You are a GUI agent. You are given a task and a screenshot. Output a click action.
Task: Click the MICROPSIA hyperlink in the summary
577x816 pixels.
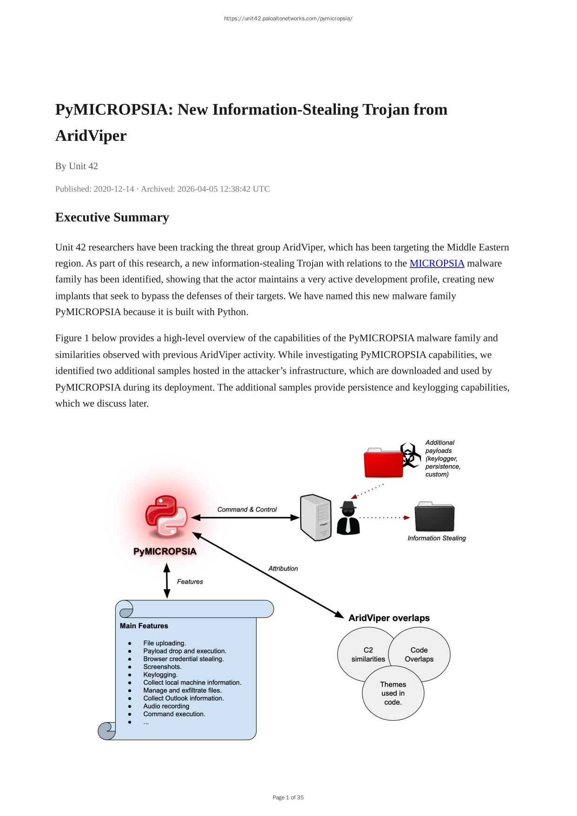(x=437, y=263)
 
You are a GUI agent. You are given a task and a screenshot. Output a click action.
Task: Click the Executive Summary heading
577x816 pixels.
(x=112, y=217)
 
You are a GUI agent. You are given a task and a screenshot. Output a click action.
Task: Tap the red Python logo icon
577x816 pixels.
(x=166, y=517)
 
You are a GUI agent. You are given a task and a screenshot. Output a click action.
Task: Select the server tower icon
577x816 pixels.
(x=316, y=518)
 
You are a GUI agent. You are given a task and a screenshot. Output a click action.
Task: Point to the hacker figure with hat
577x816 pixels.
(x=348, y=518)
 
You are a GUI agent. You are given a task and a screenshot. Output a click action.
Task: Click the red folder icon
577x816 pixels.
(x=383, y=463)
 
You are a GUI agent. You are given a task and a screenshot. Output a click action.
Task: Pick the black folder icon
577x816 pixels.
(x=434, y=517)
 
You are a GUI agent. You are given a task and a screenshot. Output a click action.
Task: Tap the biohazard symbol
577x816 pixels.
(x=410, y=454)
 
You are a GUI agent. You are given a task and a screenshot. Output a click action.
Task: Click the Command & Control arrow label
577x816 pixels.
(x=247, y=510)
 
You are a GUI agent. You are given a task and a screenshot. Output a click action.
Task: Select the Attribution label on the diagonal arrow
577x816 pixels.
(x=283, y=569)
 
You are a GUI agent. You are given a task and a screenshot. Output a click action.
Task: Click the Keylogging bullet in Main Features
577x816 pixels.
(x=160, y=675)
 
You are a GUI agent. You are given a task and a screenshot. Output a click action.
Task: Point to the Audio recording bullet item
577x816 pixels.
(x=166, y=706)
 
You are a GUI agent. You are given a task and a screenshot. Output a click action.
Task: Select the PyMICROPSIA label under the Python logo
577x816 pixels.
(x=165, y=552)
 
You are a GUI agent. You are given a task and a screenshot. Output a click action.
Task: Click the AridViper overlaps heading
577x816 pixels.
(x=389, y=618)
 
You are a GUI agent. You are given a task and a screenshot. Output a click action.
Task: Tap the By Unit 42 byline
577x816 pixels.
(x=77, y=166)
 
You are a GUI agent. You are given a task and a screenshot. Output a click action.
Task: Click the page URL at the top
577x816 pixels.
(x=288, y=19)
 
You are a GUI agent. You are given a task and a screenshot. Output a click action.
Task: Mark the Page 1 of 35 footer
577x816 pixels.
(x=288, y=797)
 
